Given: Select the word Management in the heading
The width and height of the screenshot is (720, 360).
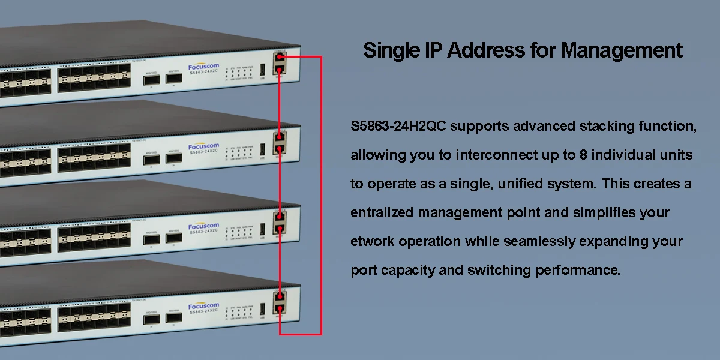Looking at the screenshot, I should (622, 50).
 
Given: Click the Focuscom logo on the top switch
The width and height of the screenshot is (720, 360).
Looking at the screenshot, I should (204, 66).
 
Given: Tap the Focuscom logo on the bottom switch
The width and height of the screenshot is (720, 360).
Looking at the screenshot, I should (204, 307).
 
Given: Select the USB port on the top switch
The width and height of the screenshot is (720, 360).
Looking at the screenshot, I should (262, 70).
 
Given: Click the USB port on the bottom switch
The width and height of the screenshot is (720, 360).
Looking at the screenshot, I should (262, 310).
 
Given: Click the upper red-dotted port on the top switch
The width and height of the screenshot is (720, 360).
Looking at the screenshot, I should (280, 58).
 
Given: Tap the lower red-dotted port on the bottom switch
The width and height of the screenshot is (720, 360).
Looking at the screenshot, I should (280, 308).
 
